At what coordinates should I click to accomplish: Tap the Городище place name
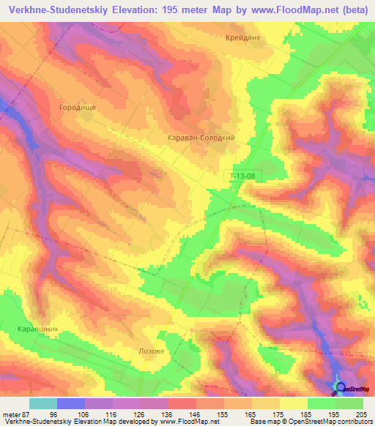(78, 107)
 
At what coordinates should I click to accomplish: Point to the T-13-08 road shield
(242, 176)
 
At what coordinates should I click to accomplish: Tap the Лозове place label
(152, 351)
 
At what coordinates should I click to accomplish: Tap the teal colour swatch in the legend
(43, 403)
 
